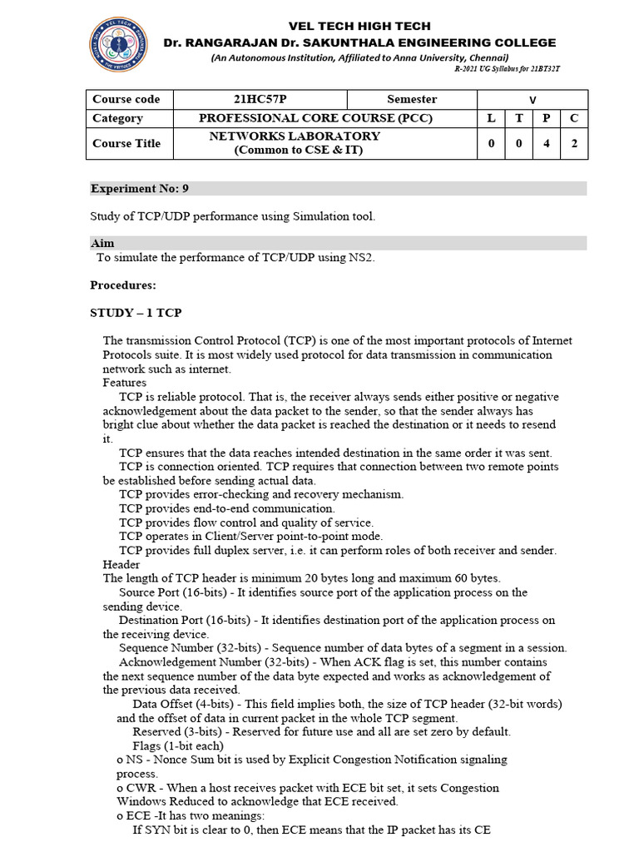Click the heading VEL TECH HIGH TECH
(x=359, y=26)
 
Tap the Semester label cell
(x=411, y=99)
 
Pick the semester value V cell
(x=532, y=100)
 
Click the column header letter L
(x=491, y=118)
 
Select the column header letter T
(x=518, y=118)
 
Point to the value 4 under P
(x=546, y=143)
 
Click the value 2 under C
(x=574, y=143)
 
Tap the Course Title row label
(x=126, y=143)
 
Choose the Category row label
(x=117, y=118)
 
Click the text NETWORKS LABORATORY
(x=295, y=136)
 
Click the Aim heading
(x=102, y=243)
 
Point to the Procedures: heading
(x=123, y=285)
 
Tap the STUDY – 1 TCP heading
(x=136, y=312)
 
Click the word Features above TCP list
(x=125, y=383)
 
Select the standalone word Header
(x=121, y=564)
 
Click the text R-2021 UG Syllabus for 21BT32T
(x=507, y=68)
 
